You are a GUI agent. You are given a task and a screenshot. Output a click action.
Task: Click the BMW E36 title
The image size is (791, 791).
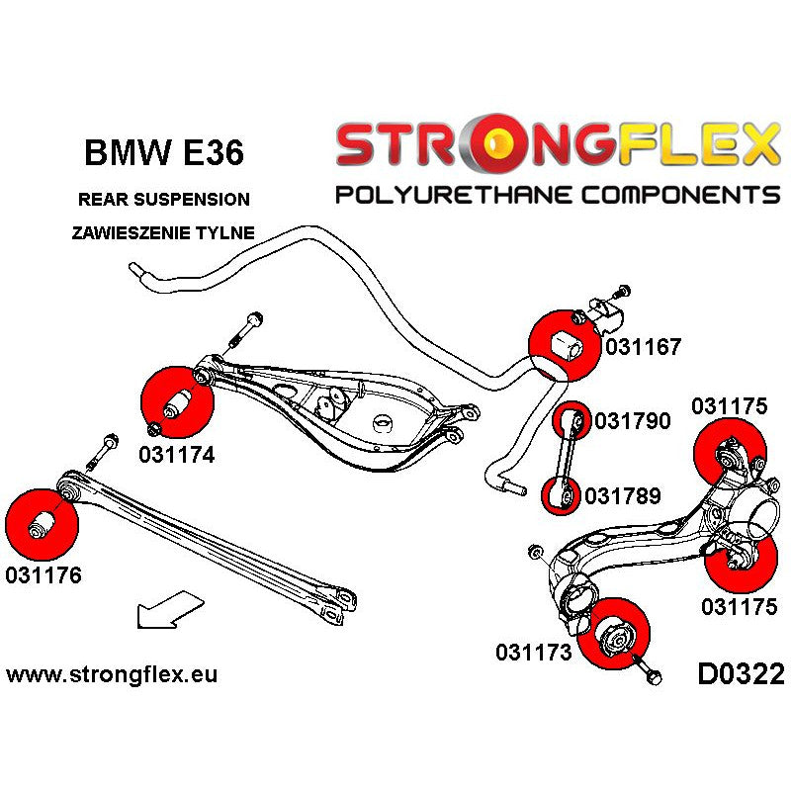(162, 153)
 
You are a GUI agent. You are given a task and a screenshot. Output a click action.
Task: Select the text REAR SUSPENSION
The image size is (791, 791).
(163, 200)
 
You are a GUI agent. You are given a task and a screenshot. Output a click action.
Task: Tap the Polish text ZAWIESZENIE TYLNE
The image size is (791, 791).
(163, 233)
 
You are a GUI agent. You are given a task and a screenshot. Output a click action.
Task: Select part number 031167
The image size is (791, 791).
(643, 347)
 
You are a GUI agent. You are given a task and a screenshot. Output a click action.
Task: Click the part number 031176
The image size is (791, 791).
(44, 574)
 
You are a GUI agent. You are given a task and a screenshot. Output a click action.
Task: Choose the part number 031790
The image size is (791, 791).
(633, 422)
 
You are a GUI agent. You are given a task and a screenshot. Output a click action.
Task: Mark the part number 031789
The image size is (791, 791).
(623, 495)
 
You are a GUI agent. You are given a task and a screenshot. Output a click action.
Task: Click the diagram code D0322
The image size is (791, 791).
(741, 675)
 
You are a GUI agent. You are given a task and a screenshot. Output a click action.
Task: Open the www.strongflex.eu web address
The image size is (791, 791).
(112, 675)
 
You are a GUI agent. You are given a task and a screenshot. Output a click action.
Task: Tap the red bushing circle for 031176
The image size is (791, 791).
(41, 522)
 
